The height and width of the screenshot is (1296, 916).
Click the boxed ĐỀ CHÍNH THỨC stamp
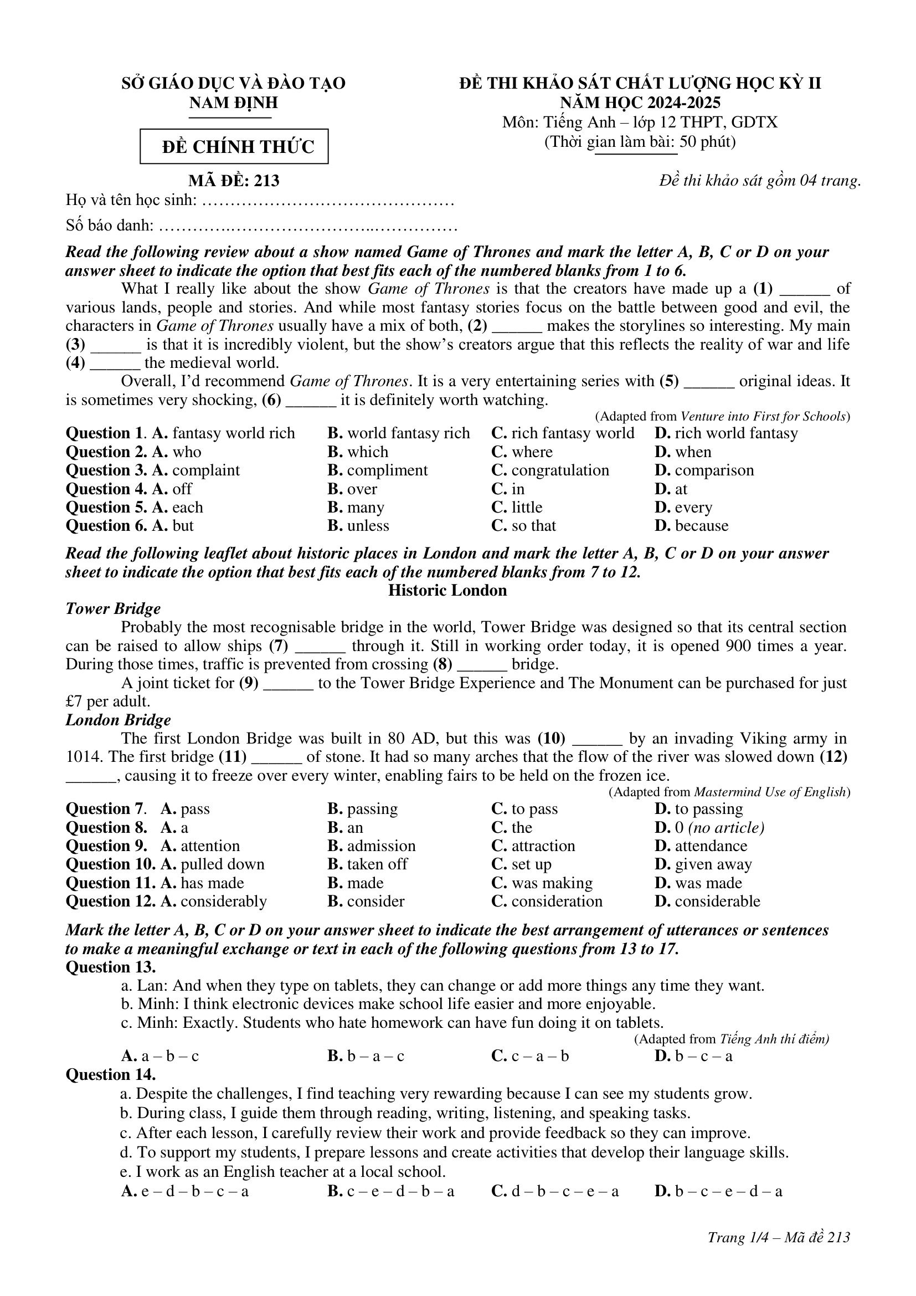coord(234,147)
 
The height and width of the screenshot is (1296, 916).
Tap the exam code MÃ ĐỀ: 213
coord(234,181)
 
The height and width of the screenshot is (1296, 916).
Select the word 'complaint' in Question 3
coord(206,470)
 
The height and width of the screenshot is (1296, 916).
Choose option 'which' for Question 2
coord(367,452)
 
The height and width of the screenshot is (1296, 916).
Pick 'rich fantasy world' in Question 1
coord(573,433)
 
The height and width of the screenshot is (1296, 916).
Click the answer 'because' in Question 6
coord(701,525)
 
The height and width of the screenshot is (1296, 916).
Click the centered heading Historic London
coord(447,591)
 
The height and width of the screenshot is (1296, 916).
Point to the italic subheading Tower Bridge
coord(113,608)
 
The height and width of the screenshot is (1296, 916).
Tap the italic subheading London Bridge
coord(118,720)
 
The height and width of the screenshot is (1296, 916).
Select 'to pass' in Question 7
coord(534,809)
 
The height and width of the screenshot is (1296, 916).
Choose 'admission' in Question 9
coord(381,846)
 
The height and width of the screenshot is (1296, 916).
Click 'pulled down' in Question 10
coord(222,864)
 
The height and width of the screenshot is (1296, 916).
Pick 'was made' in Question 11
coord(708,883)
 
